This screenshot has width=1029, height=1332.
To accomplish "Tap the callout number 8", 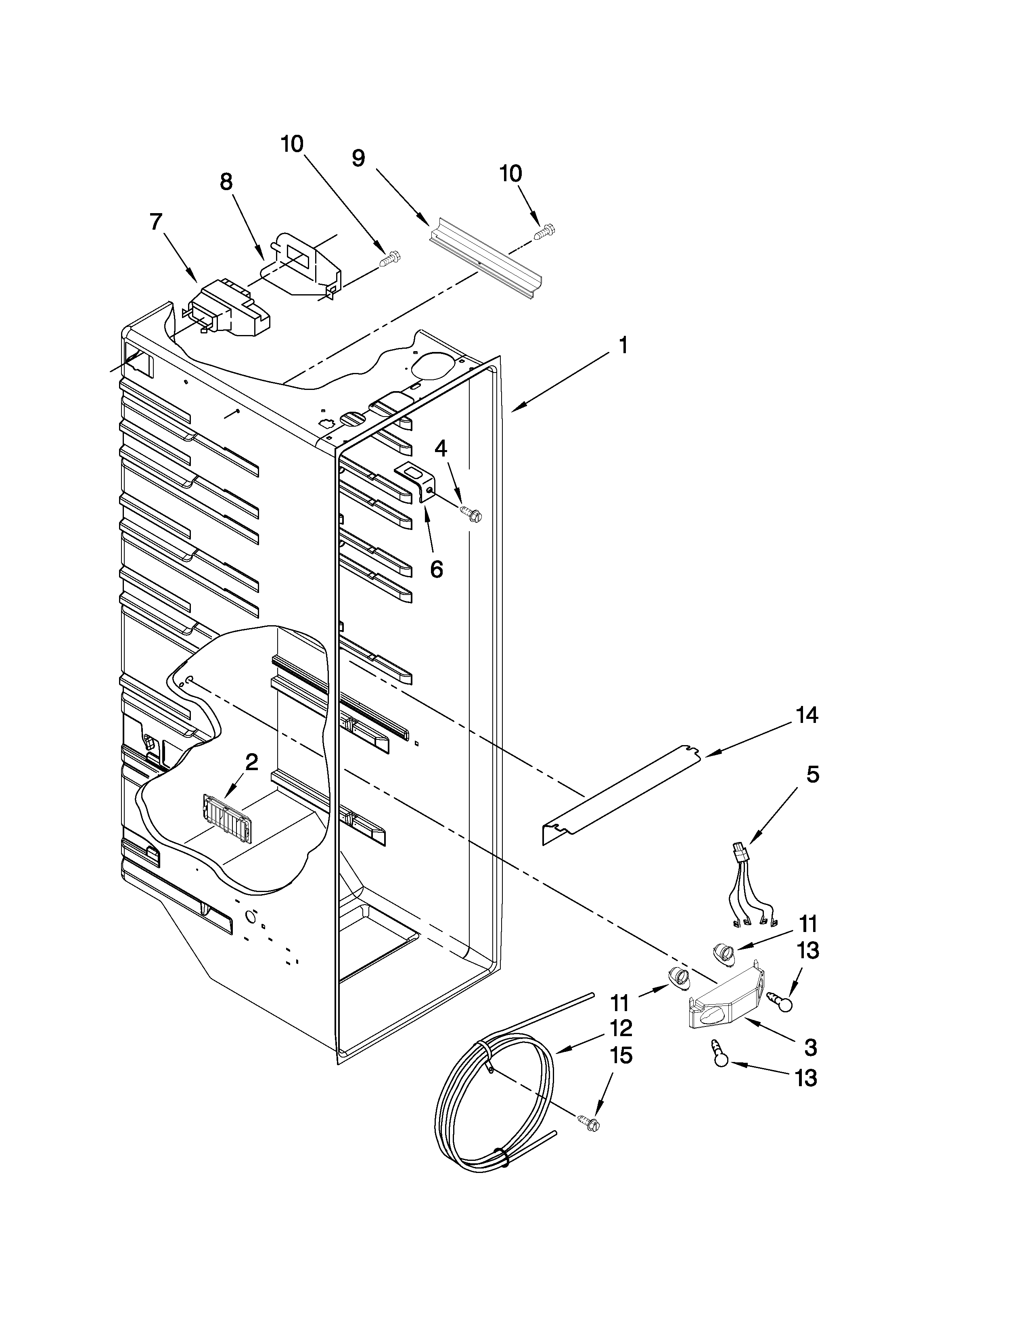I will point(226,182).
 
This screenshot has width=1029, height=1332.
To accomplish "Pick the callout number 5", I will point(813,775).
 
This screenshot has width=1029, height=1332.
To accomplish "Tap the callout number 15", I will point(621,1055).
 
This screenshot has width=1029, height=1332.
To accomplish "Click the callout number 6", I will point(437,569).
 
